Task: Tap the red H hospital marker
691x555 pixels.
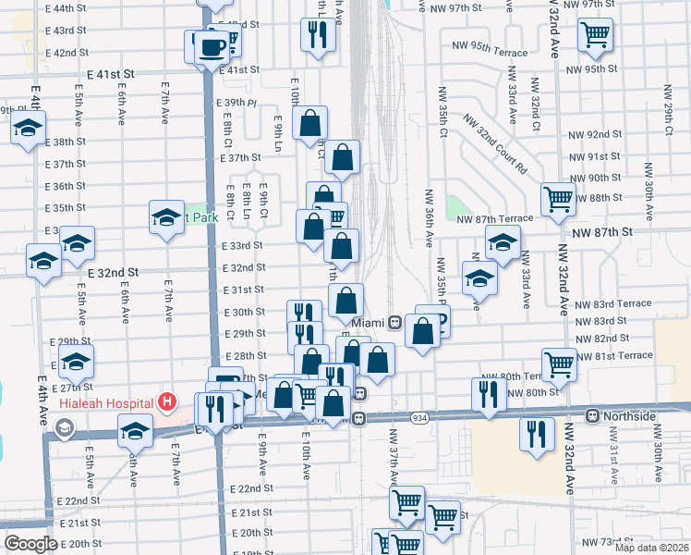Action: pos(166,401)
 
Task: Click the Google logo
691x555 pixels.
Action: pos(30,544)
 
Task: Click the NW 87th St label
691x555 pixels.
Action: pos(601,231)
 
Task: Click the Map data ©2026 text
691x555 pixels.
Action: pos(652,548)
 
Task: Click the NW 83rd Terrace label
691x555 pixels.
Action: pos(612,304)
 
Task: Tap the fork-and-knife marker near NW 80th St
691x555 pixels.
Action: pos(489,394)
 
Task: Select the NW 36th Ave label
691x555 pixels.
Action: pos(429,218)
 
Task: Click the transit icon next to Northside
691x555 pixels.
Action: pos(594,415)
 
